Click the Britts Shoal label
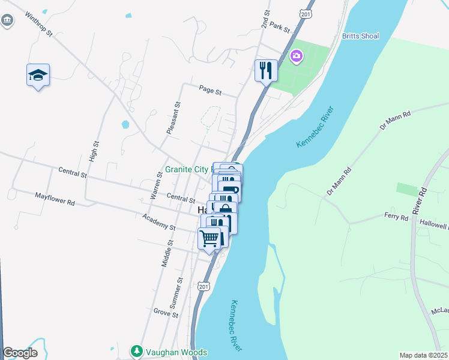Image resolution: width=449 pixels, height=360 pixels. click(x=360, y=36)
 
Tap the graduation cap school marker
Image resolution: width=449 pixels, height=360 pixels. click(x=38, y=76)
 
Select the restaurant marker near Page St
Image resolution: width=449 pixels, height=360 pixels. click(x=265, y=70)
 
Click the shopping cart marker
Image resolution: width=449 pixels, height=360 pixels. click(x=209, y=238)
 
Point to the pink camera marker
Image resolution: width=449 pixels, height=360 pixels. click(x=295, y=57)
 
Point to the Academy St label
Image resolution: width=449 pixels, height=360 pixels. click(x=159, y=223)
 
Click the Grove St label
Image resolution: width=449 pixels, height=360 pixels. click(x=166, y=313)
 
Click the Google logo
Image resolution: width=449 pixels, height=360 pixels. click(x=20, y=353)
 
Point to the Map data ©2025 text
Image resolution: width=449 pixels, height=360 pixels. click(x=423, y=355)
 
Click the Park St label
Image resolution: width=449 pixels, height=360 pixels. click(x=280, y=26)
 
